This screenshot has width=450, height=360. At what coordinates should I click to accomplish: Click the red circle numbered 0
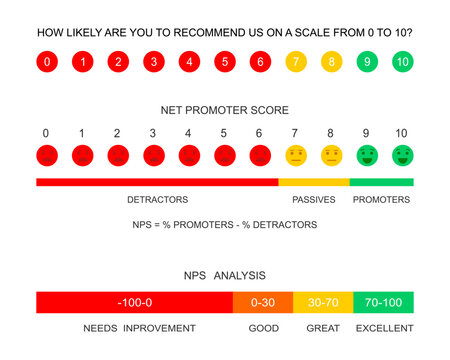pos(47,62)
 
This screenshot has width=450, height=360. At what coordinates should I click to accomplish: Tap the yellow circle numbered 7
pos(295,62)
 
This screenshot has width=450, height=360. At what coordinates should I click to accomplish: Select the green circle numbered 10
pos(401,62)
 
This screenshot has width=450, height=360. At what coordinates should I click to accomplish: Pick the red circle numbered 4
pos(189,62)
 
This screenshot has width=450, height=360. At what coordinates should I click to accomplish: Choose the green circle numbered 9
pos(366,62)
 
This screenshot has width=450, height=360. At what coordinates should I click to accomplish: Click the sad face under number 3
pos(153,155)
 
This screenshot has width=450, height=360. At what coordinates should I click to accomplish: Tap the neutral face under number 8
pos(331,155)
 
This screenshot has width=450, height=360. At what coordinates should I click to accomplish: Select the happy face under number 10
pos(401,155)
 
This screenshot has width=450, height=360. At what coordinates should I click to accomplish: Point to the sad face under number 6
pos(260,155)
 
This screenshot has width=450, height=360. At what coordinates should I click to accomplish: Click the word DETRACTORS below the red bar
pos(157,200)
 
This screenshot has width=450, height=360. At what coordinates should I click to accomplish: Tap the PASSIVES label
pos(313,200)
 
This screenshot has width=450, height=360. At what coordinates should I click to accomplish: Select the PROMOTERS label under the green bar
pos(381,200)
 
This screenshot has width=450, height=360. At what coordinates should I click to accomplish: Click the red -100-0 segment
pos(134,302)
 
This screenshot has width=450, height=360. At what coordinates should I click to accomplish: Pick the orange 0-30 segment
pos(262,302)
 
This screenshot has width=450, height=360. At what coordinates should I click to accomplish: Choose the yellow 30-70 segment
pos(323,302)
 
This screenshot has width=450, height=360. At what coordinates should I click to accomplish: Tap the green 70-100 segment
pos(383,302)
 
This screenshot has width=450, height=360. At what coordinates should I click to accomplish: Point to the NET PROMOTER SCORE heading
pos(225,109)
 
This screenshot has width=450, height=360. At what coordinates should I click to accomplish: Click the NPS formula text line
pos(225,225)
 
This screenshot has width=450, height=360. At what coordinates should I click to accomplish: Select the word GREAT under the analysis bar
pos(322,328)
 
